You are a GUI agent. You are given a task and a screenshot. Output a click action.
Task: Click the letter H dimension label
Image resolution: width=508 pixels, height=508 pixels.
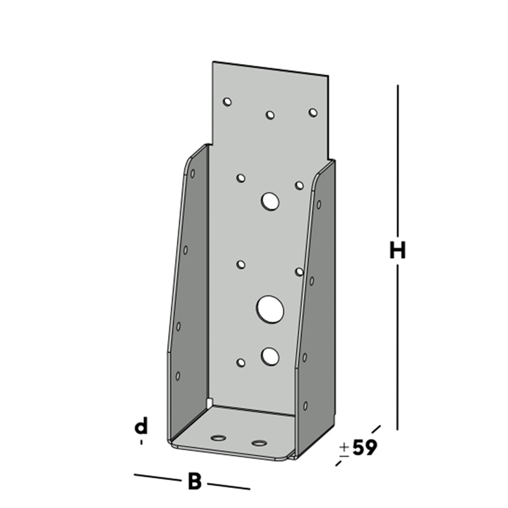click(x=396, y=251)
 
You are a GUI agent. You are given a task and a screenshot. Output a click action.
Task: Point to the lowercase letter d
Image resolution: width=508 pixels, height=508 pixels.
click(x=141, y=426)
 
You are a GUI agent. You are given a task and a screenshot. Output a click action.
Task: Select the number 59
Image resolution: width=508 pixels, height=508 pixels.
click(x=364, y=448)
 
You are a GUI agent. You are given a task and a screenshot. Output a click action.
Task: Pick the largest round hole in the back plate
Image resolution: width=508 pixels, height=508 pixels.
click(x=271, y=308)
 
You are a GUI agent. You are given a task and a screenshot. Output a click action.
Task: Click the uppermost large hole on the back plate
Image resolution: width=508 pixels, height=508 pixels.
click(x=270, y=201)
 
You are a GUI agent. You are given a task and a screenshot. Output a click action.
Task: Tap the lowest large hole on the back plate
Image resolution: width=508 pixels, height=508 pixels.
click(x=270, y=355)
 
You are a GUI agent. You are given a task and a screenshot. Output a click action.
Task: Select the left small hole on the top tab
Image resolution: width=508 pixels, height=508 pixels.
click(x=227, y=102)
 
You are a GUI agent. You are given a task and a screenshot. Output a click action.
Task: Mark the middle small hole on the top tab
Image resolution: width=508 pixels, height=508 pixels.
click(x=271, y=115)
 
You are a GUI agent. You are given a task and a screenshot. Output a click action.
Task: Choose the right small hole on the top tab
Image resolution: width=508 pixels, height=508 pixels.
click(x=313, y=112)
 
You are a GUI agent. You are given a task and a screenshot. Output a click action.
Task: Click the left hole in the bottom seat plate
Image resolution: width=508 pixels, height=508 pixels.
click(x=219, y=438)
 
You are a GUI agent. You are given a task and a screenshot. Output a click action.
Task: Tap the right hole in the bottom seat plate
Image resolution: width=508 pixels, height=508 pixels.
click(x=259, y=443)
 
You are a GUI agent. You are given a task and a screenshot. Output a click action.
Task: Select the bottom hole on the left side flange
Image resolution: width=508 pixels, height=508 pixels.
click(x=178, y=376)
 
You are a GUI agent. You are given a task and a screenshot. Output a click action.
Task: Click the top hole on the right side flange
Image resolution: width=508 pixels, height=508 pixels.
click(x=318, y=204)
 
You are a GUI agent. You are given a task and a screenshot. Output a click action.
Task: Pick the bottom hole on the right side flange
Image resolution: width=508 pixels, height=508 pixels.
click(x=306, y=405)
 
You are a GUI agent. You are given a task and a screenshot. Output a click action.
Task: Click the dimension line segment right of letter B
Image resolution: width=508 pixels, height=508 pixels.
click(x=228, y=486)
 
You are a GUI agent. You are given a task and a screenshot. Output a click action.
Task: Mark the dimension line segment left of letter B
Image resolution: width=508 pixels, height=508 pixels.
click(x=158, y=477)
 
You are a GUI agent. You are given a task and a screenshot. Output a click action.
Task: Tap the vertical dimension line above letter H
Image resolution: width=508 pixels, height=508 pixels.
click(x=396, y=158)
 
